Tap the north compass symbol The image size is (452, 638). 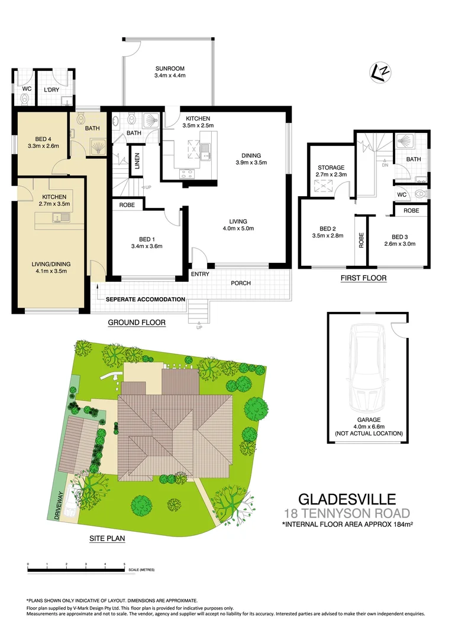coord(380,71)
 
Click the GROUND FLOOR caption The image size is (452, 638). coord(136,323)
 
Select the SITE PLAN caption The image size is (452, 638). coord(106,539)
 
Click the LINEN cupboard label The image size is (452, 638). coord(137,161)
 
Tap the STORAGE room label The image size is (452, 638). coord(331,171)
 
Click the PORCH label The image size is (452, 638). coord(241,283)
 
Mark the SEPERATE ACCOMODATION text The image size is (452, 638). coord(145,300)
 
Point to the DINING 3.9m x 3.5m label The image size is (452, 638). coord(251,158)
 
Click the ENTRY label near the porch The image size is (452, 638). coord(199,274)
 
